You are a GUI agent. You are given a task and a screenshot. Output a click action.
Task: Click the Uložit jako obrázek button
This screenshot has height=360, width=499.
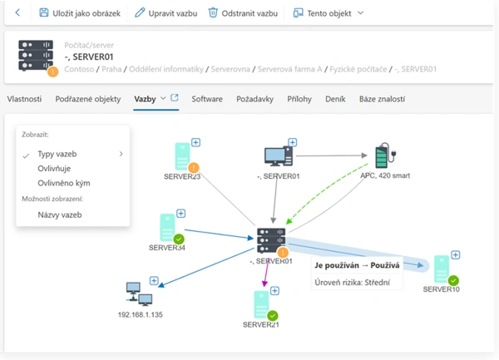tap(81, 13)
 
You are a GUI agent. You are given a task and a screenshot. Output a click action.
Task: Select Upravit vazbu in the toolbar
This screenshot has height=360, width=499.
tap(166, 13)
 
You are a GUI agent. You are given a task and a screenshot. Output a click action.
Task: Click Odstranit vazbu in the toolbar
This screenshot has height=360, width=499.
tap(243, 13)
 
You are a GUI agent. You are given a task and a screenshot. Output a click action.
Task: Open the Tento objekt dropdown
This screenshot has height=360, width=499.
tap(329, 13)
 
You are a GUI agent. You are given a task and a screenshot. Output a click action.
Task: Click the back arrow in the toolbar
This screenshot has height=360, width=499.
tap(18, 13)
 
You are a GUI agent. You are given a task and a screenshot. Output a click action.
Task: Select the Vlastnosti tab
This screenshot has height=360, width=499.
tap(24, 99)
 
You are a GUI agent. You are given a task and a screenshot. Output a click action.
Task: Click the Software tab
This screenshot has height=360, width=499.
tap(207, 99)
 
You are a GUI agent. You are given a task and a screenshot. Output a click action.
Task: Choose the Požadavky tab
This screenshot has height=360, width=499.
tap(255, 99)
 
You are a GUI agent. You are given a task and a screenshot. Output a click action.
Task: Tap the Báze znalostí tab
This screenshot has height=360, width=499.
tap(382, 99)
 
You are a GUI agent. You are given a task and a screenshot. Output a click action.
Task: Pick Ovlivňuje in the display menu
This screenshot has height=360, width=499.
tap(55, 168)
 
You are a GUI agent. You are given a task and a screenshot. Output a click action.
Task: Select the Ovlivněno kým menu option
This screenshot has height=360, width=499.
tap(64, 183)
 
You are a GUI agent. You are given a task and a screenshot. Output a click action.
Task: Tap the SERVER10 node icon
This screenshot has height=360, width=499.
tap(442, 269)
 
